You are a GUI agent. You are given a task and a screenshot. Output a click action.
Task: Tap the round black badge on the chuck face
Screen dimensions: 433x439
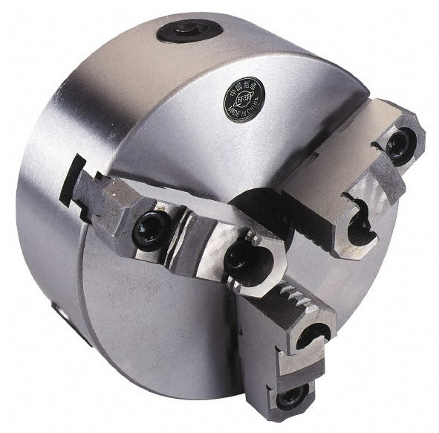pos(245,101)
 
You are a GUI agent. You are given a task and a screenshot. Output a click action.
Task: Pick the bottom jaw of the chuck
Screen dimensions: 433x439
pos(293,342)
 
